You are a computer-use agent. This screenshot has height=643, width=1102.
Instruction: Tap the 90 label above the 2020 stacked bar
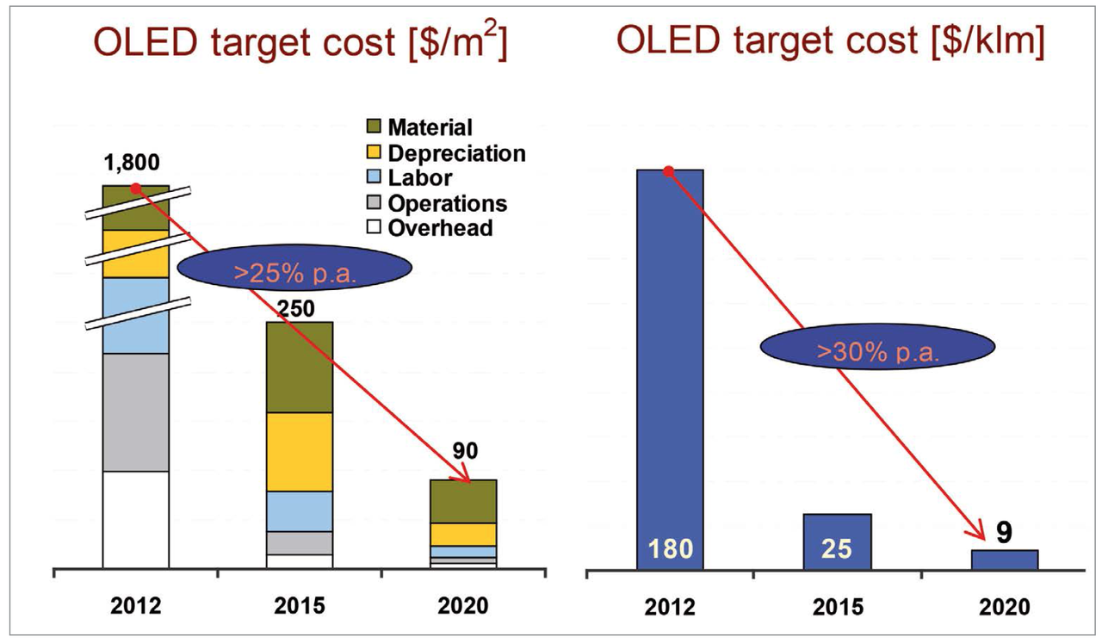[x=465, y=451]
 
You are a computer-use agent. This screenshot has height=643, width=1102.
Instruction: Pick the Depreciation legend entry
[x=445, y=153]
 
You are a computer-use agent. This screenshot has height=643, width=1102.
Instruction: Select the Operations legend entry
[x=436, y=203]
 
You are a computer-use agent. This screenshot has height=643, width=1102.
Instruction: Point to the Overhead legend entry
[x=430, y=228]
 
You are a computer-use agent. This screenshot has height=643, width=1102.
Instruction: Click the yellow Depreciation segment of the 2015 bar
[x=300, y=452]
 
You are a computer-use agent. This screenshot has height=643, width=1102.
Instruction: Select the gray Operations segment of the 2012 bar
[x=135, y=411]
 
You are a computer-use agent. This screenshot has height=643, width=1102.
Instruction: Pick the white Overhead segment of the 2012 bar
[x=135, y=520]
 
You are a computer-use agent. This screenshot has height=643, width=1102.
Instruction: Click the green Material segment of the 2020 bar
[x=464, y=501]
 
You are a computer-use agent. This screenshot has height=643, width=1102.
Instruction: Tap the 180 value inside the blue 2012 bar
[x=670, y=548]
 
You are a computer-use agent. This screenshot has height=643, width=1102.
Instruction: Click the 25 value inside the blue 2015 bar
[x=837, y=548]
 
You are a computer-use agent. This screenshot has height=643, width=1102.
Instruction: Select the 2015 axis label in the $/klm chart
[x=837, y=606]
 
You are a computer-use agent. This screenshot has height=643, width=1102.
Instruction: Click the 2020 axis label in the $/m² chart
[x=464, y=605]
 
